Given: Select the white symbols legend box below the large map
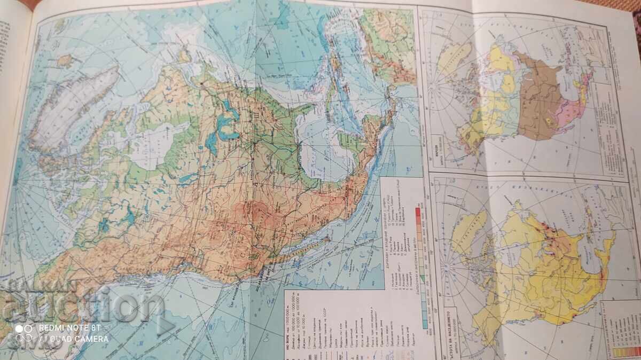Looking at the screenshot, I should point(342,320).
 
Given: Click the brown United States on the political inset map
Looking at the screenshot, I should point(540,96).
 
